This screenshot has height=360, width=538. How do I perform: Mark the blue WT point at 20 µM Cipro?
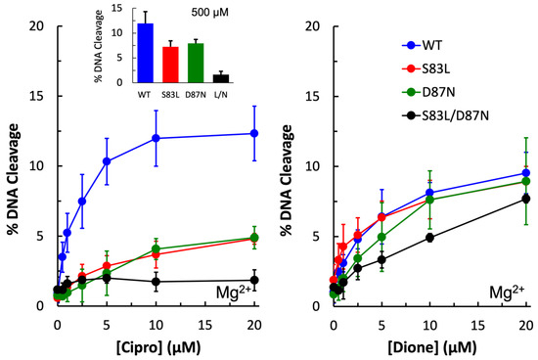tap(254, 133)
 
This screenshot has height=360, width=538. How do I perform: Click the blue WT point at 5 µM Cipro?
tap(107, 161)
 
